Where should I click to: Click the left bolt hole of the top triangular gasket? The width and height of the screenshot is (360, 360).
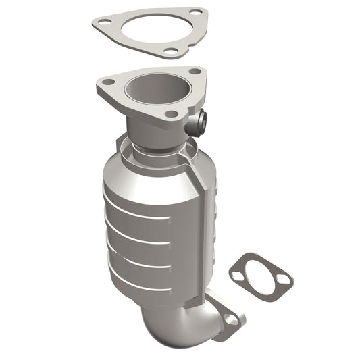click(104, 22)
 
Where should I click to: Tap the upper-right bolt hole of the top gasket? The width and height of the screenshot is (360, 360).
click(195, 12)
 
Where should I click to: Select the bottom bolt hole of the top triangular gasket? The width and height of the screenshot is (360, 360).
click(172, 50)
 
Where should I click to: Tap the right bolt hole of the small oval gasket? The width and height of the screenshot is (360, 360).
click(284, 279)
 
